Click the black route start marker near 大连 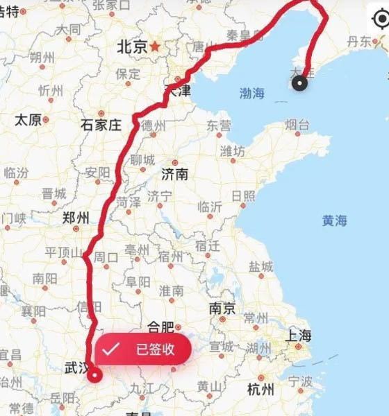[x=299, y=84]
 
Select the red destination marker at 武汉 [x=95, y=376]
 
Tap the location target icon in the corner [x=381, y=19]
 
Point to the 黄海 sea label [x=334, y=220]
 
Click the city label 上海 [x=299, y=336]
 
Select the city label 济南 [x=174, y=174]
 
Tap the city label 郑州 [x=75, y=218]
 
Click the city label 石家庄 [x=101, y=125]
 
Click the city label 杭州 [x=260, y=390]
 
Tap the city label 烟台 [x=297, y=125]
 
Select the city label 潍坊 [x=232, y=151]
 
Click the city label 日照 [x=243, y=195]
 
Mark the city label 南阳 [x=44, y=279]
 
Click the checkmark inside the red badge [x=110, y=349]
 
